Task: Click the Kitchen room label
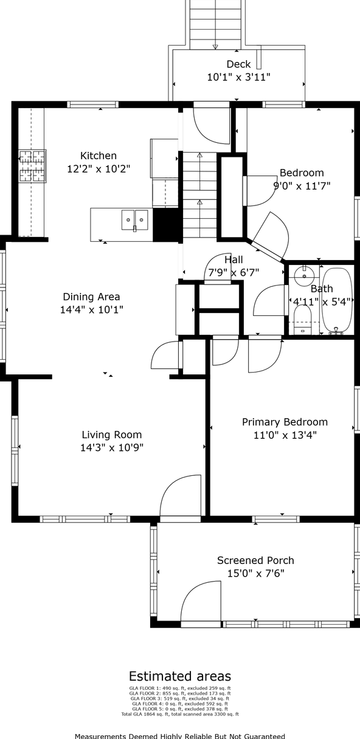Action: coord(99,156)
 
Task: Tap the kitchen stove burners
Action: coord(32,166)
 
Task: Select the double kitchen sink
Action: coord(135,220)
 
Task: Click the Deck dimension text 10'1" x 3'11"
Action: coord(238,77)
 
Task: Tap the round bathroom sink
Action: coord(304,275)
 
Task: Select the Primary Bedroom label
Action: coord(285,422)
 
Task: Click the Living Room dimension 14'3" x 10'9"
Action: coord(112,448)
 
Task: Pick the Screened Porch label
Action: coord(255,560)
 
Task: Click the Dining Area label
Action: coord(91,297)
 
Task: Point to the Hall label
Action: coord(234,260)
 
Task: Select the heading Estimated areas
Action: coord(180,676)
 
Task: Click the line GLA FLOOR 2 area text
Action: coord(180,693)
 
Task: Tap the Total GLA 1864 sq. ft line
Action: coord(180,714)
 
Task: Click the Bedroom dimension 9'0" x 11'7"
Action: coord(302,186)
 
